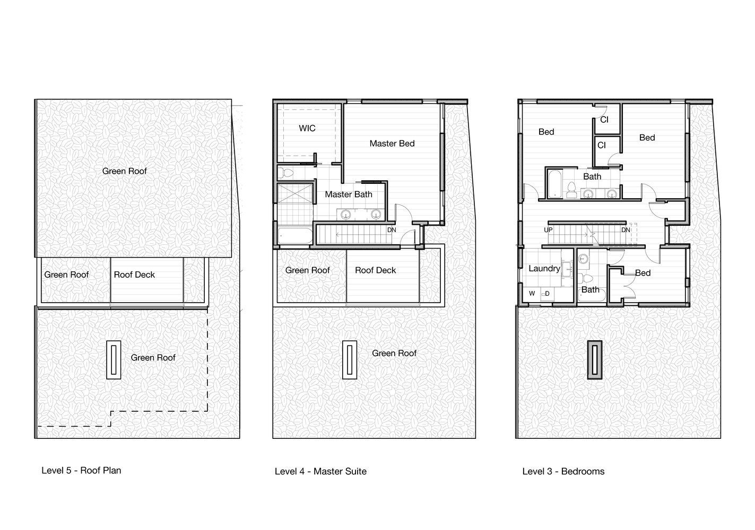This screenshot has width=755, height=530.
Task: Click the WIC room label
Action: point(307,128)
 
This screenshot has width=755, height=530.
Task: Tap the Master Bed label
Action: point(392,144)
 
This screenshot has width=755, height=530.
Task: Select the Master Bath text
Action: point(349,195)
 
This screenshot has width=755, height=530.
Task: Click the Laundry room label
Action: point(544,268)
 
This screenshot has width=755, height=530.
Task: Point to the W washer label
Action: point(532,293)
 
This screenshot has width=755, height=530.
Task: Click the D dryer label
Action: point(547,294)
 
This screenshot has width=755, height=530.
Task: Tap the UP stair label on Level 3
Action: point(548,230)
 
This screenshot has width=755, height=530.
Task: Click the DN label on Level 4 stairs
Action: point(392,230)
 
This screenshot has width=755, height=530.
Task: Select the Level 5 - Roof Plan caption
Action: point(81,471)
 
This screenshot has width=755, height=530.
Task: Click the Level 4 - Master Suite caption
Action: point(320,471)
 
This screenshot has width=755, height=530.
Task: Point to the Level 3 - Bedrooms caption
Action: point(563,471)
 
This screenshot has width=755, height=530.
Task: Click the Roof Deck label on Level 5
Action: point(134,275)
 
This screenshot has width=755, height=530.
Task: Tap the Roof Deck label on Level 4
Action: point(376,270)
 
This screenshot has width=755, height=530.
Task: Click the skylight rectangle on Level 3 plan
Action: point(595,360)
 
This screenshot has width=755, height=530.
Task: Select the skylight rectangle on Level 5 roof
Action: point(114,360)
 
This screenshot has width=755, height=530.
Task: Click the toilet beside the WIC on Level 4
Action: point(286,173)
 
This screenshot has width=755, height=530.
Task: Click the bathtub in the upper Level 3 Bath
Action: point(555,184)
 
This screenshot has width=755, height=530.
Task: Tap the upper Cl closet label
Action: point(604,120)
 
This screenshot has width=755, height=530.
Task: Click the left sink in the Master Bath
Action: point(346,214)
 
